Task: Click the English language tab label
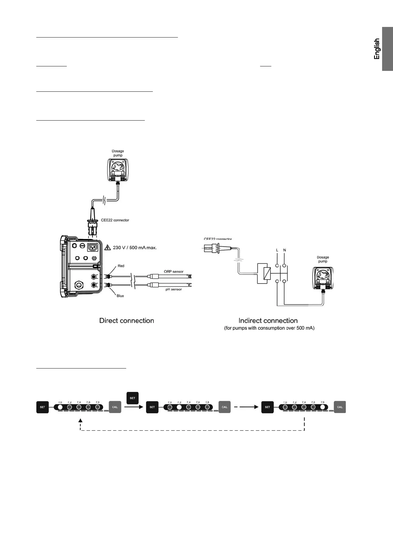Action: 377,49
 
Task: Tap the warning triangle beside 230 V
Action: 108,247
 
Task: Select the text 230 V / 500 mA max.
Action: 135,248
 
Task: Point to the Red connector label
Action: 121,266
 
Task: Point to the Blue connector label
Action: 120,296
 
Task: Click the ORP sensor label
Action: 174,272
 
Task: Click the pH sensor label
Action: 174,289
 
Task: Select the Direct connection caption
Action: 127,321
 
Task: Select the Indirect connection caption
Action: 268,321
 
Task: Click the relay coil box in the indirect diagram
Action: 264,274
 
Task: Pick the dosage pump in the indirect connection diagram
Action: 323,278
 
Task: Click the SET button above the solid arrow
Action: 133,398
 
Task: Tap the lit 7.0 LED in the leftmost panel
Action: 60,407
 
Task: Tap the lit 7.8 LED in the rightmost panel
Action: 323,407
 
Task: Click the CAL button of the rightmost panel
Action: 340,407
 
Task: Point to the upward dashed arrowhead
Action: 80,420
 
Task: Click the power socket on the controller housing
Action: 93,247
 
